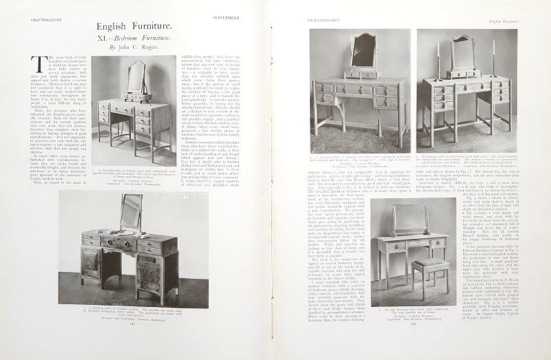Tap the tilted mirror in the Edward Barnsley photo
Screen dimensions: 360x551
click(131, 212)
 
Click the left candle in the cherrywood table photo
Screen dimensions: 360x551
click(438, 56)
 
